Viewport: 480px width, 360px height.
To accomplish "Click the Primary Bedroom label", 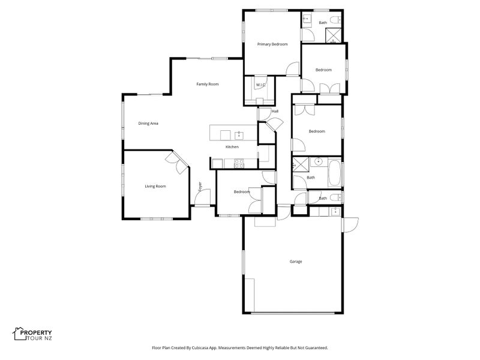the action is [x=272, y=44].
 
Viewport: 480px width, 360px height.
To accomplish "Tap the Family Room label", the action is [x=207, y=84].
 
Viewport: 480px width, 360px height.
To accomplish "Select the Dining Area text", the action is [x=148, y=124].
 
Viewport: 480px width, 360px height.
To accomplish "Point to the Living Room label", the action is [x=155, y=186].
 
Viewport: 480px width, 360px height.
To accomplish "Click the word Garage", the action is [x=296, y=262].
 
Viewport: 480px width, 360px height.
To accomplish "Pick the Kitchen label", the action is [x=232, y=147].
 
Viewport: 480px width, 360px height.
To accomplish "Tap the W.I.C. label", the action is [x=260, y=85].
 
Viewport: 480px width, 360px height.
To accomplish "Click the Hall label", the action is [x=275, y=112].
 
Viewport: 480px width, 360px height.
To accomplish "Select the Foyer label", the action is [x=200, y=187].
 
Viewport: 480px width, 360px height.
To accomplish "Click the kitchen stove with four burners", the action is [x=239, y=163].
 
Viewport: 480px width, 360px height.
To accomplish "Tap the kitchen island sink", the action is [x=239, y=135].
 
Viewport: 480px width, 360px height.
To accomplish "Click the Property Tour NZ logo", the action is [x=32, y=334].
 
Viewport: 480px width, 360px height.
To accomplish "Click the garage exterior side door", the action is [x=350, y=224].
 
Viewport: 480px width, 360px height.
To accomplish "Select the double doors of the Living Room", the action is [x=176, y=162].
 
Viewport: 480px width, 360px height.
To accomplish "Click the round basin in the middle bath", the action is [x=319, y=161].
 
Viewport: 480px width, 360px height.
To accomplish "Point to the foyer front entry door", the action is [x=203, y=197].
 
